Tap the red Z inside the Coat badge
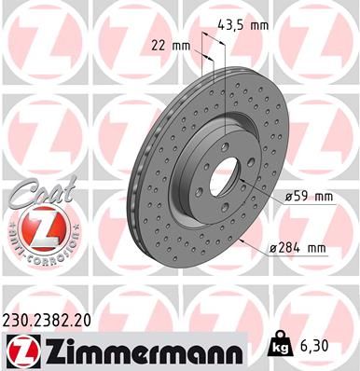coord(41,227)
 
